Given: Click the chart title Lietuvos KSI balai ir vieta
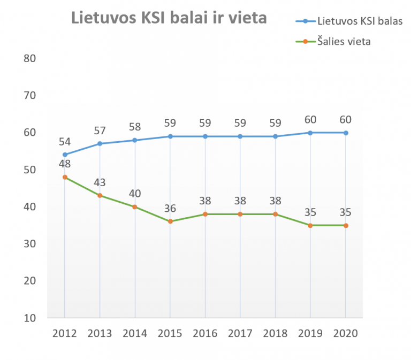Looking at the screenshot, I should coord(169,19).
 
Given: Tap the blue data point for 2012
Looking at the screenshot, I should coord(65,155).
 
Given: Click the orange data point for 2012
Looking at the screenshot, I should coord(65,177).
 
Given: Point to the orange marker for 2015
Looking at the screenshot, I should coord(170,221).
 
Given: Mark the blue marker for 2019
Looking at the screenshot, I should coord(311,133).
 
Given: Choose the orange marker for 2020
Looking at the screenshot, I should coord(346,225).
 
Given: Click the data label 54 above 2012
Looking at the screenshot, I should coord(65,142).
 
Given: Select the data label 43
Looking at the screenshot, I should coord(100,182).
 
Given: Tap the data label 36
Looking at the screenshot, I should coord(170,209).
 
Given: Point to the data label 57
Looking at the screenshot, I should coord(100,131).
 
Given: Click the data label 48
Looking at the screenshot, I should coord(65,164).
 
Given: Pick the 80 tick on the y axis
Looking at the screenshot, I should coord(29,58).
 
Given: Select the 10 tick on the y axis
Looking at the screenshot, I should coord(29,318).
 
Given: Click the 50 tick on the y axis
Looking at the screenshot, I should coord(29,170).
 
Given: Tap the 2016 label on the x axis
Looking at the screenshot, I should coord(205,333).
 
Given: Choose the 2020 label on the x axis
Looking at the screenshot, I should coord(346,333).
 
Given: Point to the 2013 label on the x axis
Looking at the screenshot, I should coord(100,333).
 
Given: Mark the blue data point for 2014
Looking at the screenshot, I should coord(135,140).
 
